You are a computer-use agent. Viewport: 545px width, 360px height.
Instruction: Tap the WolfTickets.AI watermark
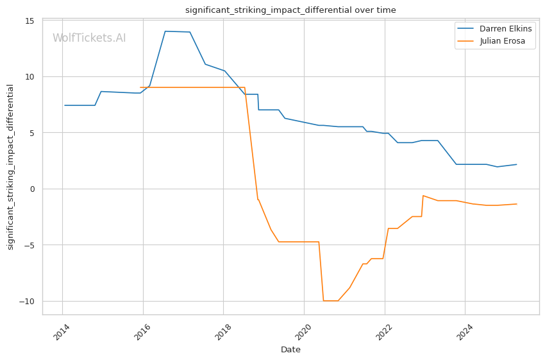point(89,39)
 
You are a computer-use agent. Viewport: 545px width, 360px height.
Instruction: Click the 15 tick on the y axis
point(29,21)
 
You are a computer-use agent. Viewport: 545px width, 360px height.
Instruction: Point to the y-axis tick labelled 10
point(29,77)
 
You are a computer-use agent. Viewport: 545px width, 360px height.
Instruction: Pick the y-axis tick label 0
point(32,189)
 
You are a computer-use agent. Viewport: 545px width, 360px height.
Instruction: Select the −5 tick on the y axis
point(29,245)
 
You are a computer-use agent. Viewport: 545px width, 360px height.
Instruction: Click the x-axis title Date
point(290,350)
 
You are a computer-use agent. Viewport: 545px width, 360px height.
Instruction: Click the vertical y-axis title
point(11,167)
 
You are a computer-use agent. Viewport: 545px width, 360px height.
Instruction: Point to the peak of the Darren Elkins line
point(165,31)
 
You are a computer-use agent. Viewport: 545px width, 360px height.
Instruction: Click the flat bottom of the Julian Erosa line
point(331,300)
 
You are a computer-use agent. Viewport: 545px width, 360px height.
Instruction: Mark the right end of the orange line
point(517,204)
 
